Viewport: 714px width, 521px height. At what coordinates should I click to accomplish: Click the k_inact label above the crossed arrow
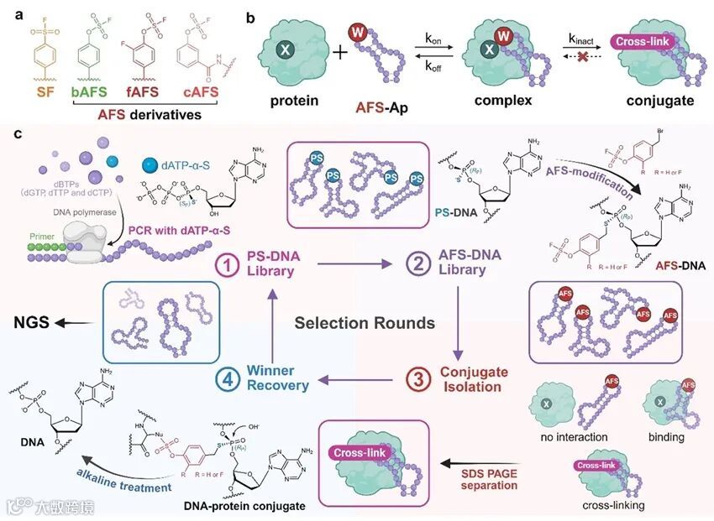click(580, 39)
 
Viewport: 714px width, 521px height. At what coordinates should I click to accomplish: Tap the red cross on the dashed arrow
click(582, 63)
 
